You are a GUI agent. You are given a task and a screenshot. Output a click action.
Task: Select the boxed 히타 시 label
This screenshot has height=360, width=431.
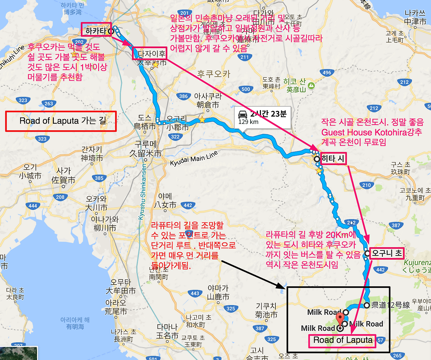point(333,159)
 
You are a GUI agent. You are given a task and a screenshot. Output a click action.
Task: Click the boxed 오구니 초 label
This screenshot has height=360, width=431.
point(387,253)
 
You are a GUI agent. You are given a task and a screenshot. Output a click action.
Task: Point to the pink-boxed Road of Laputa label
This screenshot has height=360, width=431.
point(342,340)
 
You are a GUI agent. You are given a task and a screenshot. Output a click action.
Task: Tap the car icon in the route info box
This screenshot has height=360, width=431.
point(243,113)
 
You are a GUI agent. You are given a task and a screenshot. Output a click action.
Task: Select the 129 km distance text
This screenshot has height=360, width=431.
point(248,122)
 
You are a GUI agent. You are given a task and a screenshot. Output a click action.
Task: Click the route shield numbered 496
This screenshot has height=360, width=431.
point(327,72)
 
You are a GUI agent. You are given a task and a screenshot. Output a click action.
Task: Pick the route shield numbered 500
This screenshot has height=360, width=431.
point(246,89)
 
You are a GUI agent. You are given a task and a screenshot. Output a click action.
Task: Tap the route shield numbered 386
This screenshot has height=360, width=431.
point(184,96)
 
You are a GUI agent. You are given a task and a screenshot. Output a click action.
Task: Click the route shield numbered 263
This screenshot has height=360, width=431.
point(49,103)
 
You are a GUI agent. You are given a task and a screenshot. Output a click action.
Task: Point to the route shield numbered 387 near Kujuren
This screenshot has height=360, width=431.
point(396,225)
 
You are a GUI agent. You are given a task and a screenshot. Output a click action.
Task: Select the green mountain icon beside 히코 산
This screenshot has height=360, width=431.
point(311,85)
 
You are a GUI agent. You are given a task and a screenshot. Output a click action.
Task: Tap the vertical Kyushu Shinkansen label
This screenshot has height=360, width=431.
point(143,192)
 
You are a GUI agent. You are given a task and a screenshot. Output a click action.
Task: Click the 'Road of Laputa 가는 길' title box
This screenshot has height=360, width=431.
point(61,121)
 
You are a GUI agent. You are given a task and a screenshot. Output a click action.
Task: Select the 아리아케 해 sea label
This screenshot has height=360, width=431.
point(75,323)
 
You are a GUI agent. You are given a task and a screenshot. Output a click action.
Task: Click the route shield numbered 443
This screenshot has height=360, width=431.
point(195,293)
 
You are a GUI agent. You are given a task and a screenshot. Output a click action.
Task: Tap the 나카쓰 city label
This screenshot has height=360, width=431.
point(415,17)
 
